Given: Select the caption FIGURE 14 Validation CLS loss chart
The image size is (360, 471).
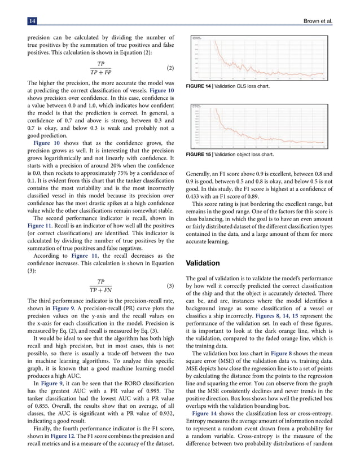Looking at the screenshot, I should click(227, 87).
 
